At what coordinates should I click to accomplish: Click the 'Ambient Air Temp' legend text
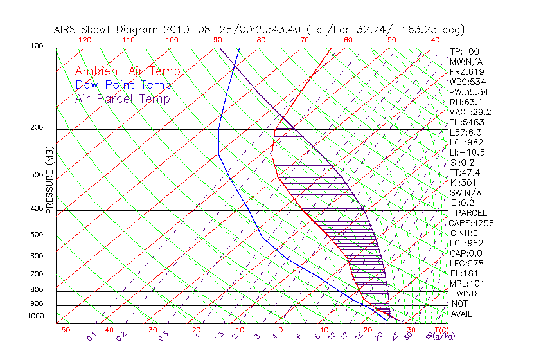(x=127, y=71)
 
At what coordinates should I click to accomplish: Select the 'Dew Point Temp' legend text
(x=123, y=85)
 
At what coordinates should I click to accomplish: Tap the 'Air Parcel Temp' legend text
(x=123, y=98)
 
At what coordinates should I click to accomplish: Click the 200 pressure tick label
(x=37, y=128)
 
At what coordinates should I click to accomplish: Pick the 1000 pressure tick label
(x=35, y=316)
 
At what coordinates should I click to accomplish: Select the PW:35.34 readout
(x=469, y=92)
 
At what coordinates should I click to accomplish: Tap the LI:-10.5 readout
(x=467, y=152)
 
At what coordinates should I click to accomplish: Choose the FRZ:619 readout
(x=467, y=71)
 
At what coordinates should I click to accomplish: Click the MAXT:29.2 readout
(x=471, y=112)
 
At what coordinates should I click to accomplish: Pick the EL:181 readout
(x=464, y=273)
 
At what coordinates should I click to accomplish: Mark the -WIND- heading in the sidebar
(x=467, y=293)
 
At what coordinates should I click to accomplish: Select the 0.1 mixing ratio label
(x=92, y=336)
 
